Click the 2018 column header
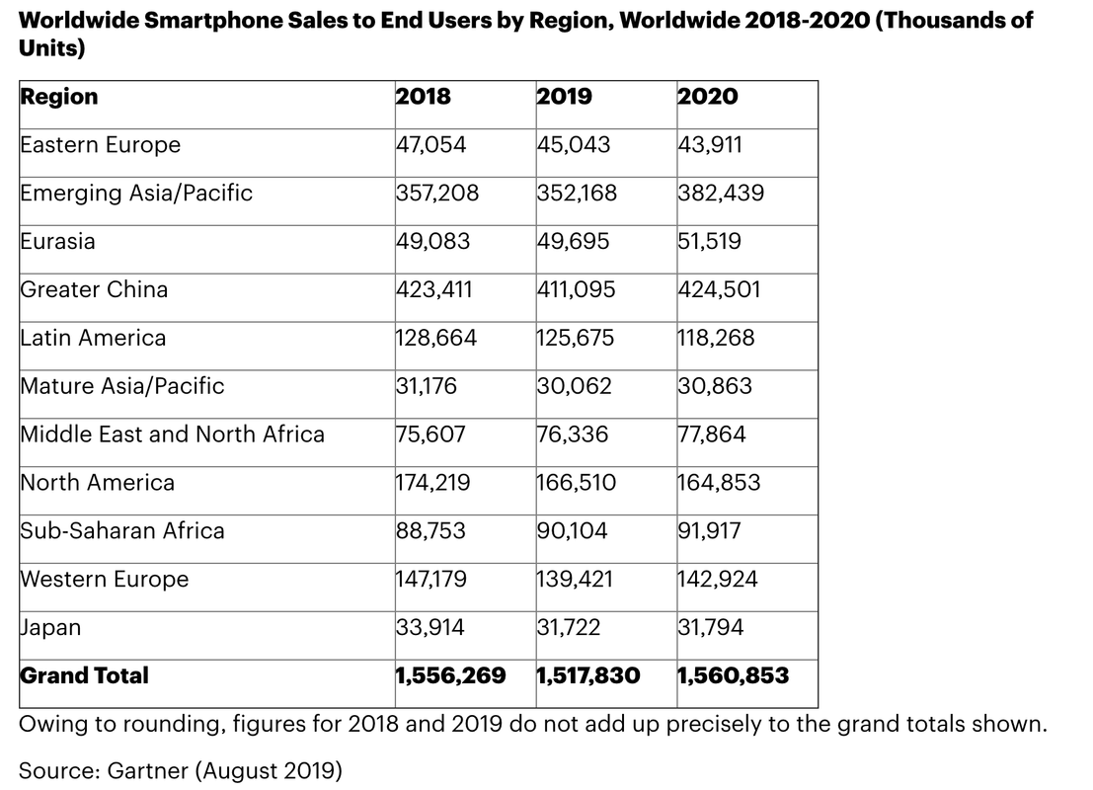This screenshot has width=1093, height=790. click(423, 97)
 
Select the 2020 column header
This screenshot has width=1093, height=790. click(708, 97)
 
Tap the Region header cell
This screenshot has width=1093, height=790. click(59, 97)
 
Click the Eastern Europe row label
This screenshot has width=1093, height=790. click(101, 145)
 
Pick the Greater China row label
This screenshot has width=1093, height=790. click(94, 290)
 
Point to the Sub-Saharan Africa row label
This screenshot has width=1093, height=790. click(122, 531)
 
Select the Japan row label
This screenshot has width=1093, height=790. click(51, 628)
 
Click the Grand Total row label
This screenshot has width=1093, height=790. click(85, 676)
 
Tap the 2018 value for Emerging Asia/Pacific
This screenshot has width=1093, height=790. click(437, 194)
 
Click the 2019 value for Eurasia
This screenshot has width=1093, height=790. click(573, 242)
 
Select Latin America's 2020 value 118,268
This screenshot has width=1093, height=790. click(716, 339)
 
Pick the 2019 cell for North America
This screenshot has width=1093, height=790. click(577, 483)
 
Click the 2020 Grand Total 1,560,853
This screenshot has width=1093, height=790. click(734, 676)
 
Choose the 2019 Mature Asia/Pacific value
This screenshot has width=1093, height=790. click(574, 386)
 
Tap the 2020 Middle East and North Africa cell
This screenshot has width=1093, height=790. click(712, 434)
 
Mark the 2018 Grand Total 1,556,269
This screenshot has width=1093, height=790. click(450, 676)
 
